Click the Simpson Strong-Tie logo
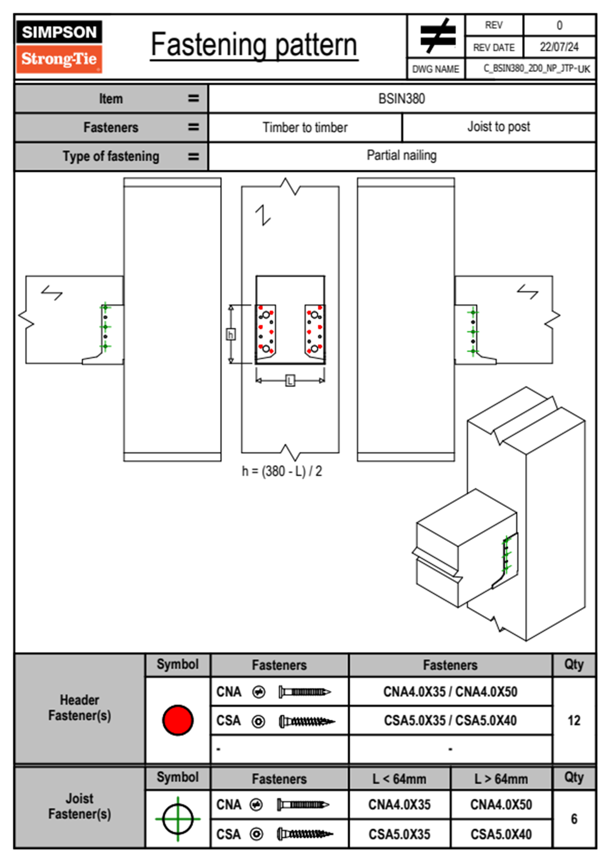coord(59,46)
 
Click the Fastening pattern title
coord(254,45)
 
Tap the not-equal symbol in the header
coord(437,36)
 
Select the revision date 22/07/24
coord(559,47)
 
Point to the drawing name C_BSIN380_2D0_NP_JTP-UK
coord(537,69)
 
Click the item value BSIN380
coord(402,99)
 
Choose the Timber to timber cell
coord(305,127)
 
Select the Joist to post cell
coord(499,127)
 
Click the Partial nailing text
coord(402,155)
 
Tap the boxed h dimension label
coord(231,335)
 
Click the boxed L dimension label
coord(290,381)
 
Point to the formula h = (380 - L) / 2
coord(282,471)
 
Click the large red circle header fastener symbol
coord(178,720)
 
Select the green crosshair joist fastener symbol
coord(178,819)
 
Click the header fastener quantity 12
coord(574,720)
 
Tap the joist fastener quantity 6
coord(574,819)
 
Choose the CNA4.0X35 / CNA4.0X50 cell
coord(450,692)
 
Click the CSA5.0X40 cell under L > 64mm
coord(501,834)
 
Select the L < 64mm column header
coord(399,779)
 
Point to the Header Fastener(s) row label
coord(80,708)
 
